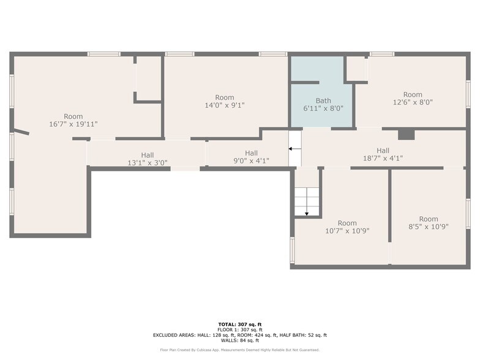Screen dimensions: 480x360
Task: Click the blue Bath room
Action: tap(321, 104)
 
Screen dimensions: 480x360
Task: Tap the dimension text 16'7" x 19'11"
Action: tap(73, 124)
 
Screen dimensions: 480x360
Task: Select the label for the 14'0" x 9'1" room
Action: tap(225, 102)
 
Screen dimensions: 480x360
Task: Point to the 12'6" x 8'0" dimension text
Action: tap(413, 102)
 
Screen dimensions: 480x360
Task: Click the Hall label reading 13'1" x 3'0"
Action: tap(148, 159)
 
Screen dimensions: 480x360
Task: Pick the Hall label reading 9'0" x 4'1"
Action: tap(251, 157)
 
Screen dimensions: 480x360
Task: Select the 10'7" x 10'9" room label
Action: tap(347, 227)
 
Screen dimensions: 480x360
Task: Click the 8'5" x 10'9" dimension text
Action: tap(429, 227)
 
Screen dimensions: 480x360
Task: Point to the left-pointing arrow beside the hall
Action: tap(294, 149)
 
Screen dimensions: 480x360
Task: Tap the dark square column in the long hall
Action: tap(407, 135)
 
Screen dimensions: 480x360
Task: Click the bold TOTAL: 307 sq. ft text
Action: tap(240, 324)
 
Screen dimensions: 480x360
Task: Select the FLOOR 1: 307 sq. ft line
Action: tap(240, 329)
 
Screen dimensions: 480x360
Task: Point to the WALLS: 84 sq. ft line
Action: tap(240, 340)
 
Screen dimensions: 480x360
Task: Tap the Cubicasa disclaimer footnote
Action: tap(240, 350)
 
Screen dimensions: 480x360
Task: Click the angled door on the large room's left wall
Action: tap(21, 132)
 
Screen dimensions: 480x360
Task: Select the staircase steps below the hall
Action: tap(307, 202)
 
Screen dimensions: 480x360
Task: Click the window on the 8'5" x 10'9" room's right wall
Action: tap(468, 213)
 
